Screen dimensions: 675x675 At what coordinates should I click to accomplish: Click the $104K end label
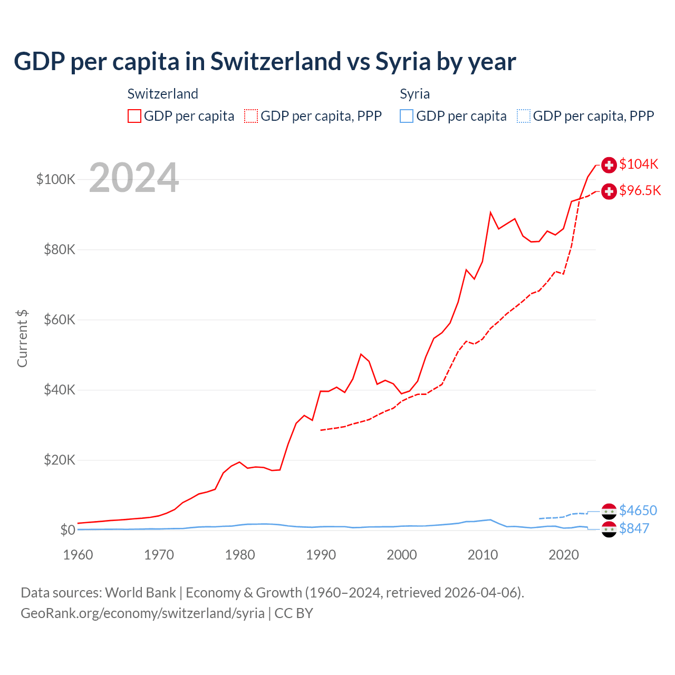pyautogui.click(x=639, y=164)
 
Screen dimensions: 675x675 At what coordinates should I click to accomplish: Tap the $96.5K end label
pyautogui.click(x=640, y=190)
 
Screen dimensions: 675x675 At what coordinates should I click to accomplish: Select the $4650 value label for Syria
pyautogui.click(x=638, y=510)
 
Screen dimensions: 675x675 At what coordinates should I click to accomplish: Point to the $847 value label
pyautogui.click(x=634, y=528)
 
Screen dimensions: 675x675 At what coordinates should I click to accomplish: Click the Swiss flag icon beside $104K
pyautogui.click(x=609, y=165)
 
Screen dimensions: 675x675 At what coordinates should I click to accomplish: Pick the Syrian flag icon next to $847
pyautogui.click(x=609, y=529)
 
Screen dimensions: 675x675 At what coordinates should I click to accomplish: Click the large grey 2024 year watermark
pyautogui.click(x=134, y=178)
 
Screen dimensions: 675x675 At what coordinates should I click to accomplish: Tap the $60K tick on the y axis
pyautogui.click(x=60, y=320)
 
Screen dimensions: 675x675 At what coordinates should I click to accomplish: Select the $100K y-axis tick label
pyautogui.click(x=56, y=179)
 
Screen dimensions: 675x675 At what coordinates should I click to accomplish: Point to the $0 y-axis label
pyautogui.click(x=67, y=530)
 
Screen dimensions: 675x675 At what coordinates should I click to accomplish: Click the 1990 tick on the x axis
pyautogui.click(x=321, y=555)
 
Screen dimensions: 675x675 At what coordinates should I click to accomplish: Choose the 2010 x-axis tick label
pyautogui.click(x=483, y=555)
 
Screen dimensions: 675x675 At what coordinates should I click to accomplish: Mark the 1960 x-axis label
pyautogui.click(x=78, y=555)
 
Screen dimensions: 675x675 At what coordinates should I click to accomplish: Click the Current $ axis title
pyautogui.click(x=22, y=339)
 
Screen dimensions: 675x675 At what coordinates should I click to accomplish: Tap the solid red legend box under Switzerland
pyautogui.click(x=134, y=116)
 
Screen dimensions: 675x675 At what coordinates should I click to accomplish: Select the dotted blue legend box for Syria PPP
pyautogui.click(x=524, y=116)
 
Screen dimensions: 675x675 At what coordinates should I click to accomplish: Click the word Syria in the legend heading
pyautogui.click(x=414, y=94)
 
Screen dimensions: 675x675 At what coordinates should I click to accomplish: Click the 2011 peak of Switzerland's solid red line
pyautogui.click(x=490, y=213)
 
